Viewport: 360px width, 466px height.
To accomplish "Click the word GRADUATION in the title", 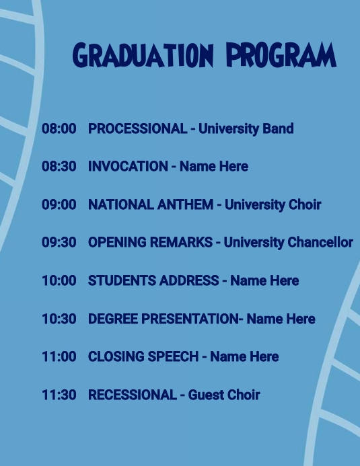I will click(143, 55).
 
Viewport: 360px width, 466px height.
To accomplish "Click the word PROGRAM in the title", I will click(281, 55).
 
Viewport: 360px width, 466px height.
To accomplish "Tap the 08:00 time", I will click(59, 128).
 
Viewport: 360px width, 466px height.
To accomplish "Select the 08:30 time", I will click(59, 166).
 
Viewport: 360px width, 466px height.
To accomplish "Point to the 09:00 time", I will click(59, 204).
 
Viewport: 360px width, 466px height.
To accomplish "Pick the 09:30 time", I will click(59, 242).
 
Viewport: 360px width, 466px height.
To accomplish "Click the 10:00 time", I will click(59, 280).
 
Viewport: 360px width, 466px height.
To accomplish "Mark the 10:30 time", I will click(59, 319).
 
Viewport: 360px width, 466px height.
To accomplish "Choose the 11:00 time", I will click(59, 356).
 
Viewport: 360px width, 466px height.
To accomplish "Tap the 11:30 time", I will click(59, 395).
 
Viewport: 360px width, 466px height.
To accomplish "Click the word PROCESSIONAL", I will click(137, 128).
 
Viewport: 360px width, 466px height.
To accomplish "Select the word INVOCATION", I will click(128, 166).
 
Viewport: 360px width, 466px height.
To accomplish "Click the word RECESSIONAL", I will click(132, 395).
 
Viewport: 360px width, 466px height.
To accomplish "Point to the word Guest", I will click(205, 395).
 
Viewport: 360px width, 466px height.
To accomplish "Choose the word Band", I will click(278, 128).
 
